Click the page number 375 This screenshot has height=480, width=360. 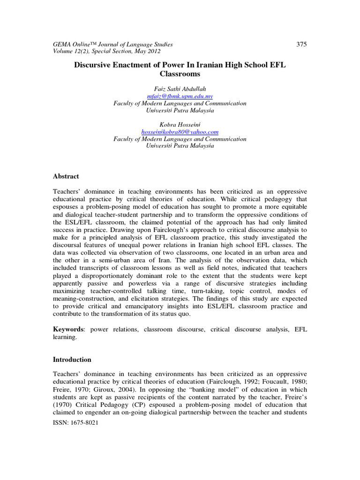point(302,44)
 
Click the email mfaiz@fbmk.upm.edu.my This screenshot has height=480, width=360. point(180,96)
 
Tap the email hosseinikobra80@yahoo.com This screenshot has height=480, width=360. point(180,132)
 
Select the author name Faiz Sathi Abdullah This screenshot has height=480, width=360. point(180,89)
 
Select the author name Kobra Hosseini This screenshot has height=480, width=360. point(180,125)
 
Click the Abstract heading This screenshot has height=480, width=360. point(66,176)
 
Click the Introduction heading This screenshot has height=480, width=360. point(72,360)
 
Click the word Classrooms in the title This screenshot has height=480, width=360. point(180,74)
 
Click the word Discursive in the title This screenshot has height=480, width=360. point(93,65)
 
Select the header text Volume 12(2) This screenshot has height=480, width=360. point(70,51)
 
